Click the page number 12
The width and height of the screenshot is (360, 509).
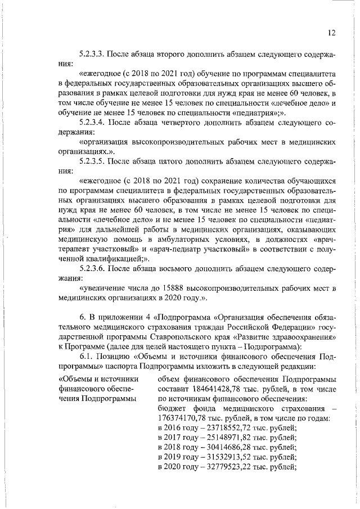(331, 33)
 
